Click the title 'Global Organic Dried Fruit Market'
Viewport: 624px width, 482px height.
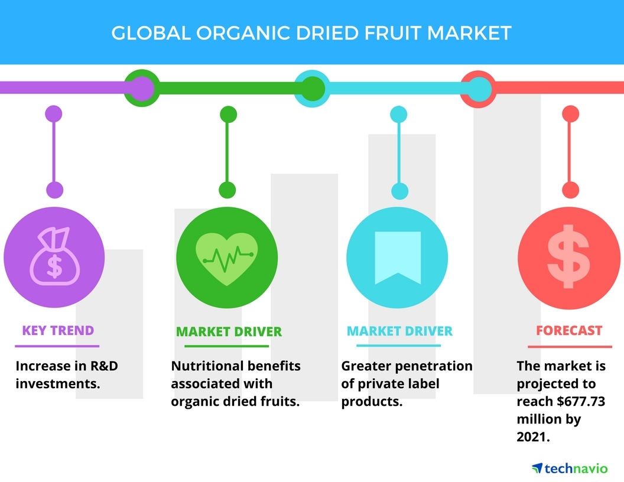(x=311, y=33)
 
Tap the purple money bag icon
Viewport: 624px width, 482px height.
(x=54, y=256)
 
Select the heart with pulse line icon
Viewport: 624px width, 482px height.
(x=227, y=259)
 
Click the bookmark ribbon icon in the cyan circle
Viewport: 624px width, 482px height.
(x=398, y=258)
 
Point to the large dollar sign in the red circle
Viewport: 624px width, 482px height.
(x=568, y=256)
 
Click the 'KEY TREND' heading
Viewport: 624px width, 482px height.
(x=58, y=330)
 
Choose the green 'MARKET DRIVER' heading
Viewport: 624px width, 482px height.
(x=229, y=332)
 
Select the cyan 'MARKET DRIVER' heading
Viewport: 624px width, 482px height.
(x=399, y=331)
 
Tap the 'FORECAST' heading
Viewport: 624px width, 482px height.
(x=569, y=330)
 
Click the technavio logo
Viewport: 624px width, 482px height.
(x=570, y=468)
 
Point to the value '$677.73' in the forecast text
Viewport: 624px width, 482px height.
(x=581, y=401)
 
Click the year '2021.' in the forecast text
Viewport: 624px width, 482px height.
(x=533, y=437)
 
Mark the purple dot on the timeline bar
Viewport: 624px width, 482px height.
(x=142, y=88)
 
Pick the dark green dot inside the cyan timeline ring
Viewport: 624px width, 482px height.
(x=313, y=88)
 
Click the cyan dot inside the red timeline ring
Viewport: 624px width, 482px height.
(x=479, y=88)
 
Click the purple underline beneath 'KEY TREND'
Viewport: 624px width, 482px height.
(x=57, y=346)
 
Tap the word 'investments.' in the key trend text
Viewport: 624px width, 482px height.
(x=58, y=384)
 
